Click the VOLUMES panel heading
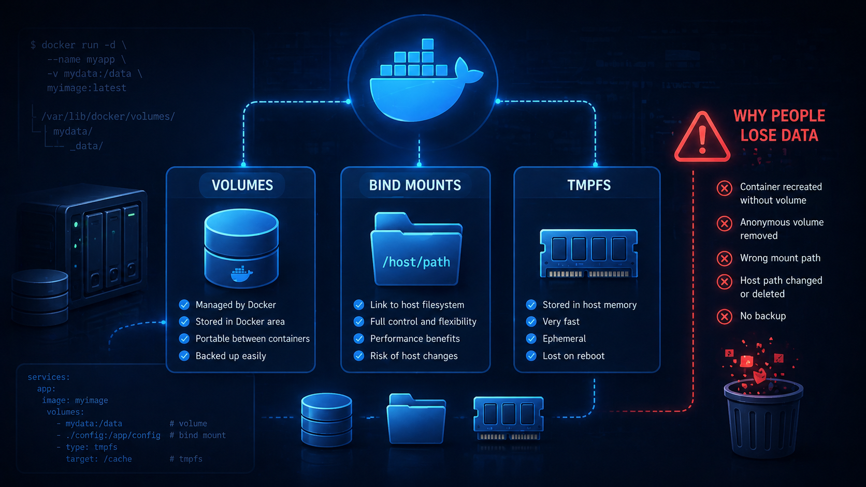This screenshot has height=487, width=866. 242,185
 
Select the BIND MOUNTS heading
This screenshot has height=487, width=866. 415,185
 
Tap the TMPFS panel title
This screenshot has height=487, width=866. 589,185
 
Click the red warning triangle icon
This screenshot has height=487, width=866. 702,137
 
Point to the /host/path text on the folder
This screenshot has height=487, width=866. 416,262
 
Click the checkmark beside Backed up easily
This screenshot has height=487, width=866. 184,356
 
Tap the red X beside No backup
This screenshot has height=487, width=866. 725,317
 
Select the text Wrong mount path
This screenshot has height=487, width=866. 780,258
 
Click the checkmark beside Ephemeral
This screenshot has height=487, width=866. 531,338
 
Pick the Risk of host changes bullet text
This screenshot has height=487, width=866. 414,356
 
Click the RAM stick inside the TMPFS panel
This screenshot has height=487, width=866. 588,254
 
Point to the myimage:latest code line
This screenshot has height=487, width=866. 86,88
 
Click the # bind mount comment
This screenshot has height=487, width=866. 197,435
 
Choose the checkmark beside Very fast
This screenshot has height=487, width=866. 531,321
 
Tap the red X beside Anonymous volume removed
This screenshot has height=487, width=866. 725,223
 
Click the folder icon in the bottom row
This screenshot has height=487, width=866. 416,419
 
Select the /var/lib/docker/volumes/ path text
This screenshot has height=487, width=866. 108,116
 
